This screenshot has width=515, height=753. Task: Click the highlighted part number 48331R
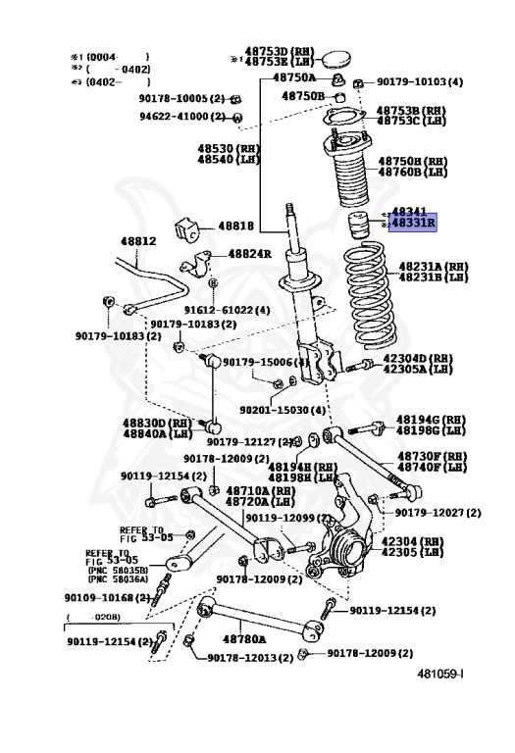413,224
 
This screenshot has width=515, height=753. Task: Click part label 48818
235,226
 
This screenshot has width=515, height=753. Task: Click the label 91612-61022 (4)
229,310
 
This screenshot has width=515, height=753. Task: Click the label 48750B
303,96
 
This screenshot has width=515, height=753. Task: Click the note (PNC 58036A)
117,578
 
